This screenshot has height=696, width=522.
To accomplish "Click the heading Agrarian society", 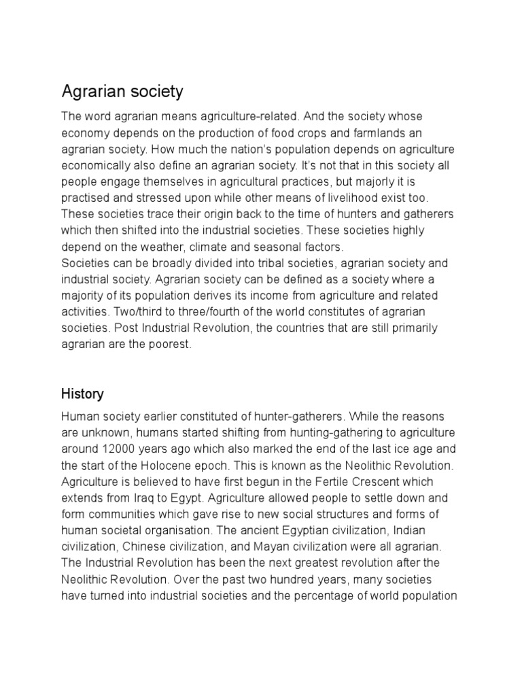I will [122, 90].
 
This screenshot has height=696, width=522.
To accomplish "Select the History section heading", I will [82, 394].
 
